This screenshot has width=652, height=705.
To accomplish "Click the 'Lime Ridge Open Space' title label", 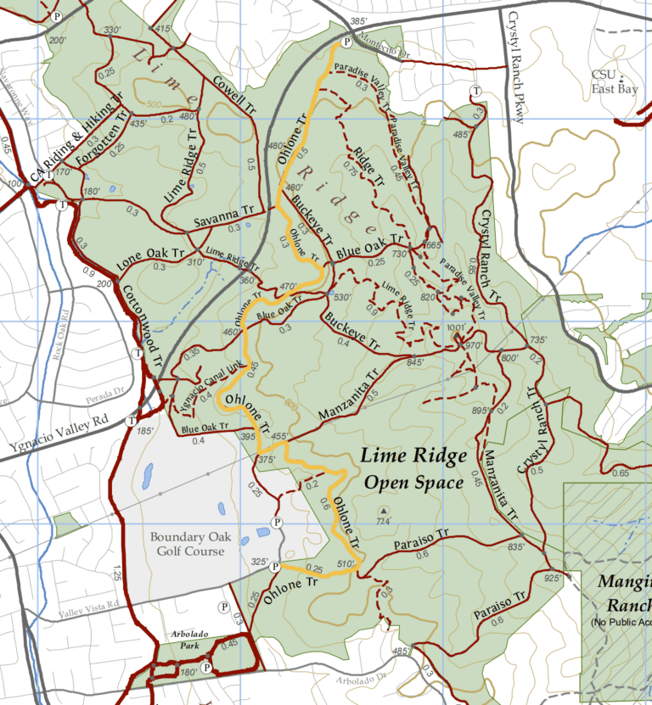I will click(x=413, y=469).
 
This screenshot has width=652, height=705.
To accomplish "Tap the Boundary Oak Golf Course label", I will click(x=187, y=544).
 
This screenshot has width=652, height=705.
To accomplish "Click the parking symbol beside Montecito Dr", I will click(x=346, y=42).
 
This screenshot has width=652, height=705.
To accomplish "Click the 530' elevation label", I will click(x=342, y=297).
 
